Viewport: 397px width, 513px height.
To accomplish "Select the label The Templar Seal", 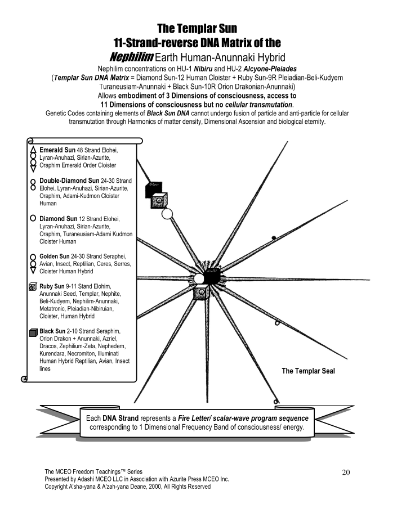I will (x=307, y=371).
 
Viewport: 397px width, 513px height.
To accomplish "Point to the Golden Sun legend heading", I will (x=58, y=256).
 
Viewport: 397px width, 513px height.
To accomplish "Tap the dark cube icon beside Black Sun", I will (x=33, y=332).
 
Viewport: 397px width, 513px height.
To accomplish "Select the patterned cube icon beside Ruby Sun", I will (x=33, y=287).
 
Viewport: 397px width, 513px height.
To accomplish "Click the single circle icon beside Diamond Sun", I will (x=33, y=218).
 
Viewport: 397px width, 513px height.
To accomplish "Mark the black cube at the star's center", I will (x=211, y=276).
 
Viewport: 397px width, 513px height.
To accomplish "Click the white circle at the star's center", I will (x=199, y=279).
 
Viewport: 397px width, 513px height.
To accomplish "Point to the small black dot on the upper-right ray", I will (x=274, y=238).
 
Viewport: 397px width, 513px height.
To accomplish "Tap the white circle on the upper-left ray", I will (x=167, y=213).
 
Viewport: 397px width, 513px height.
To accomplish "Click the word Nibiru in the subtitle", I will (x=185, y=69).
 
